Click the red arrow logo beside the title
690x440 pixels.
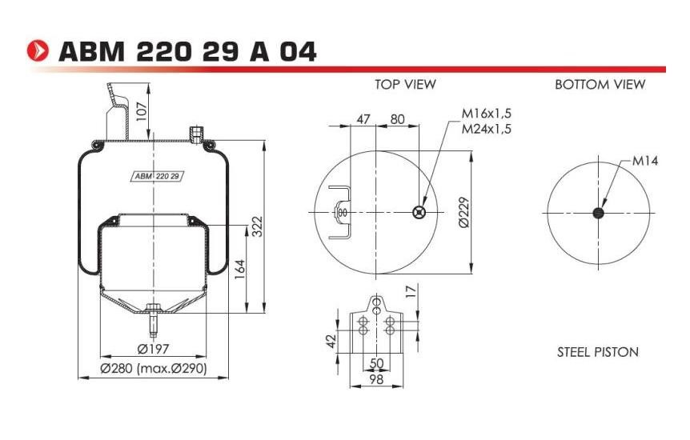click(38, 50)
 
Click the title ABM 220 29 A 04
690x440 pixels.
click(187, 51)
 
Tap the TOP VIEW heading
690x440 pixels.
click(405, 84)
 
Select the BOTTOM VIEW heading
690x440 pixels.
click(600, 84)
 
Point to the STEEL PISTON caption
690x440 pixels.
click(598, 352)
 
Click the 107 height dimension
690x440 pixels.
click(141, 113)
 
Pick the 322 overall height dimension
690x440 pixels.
click(257, 226)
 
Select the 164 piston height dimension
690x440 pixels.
click(239, 270)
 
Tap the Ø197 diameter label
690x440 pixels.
click(153, 349)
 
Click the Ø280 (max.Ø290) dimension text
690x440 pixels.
click(154, 368)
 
